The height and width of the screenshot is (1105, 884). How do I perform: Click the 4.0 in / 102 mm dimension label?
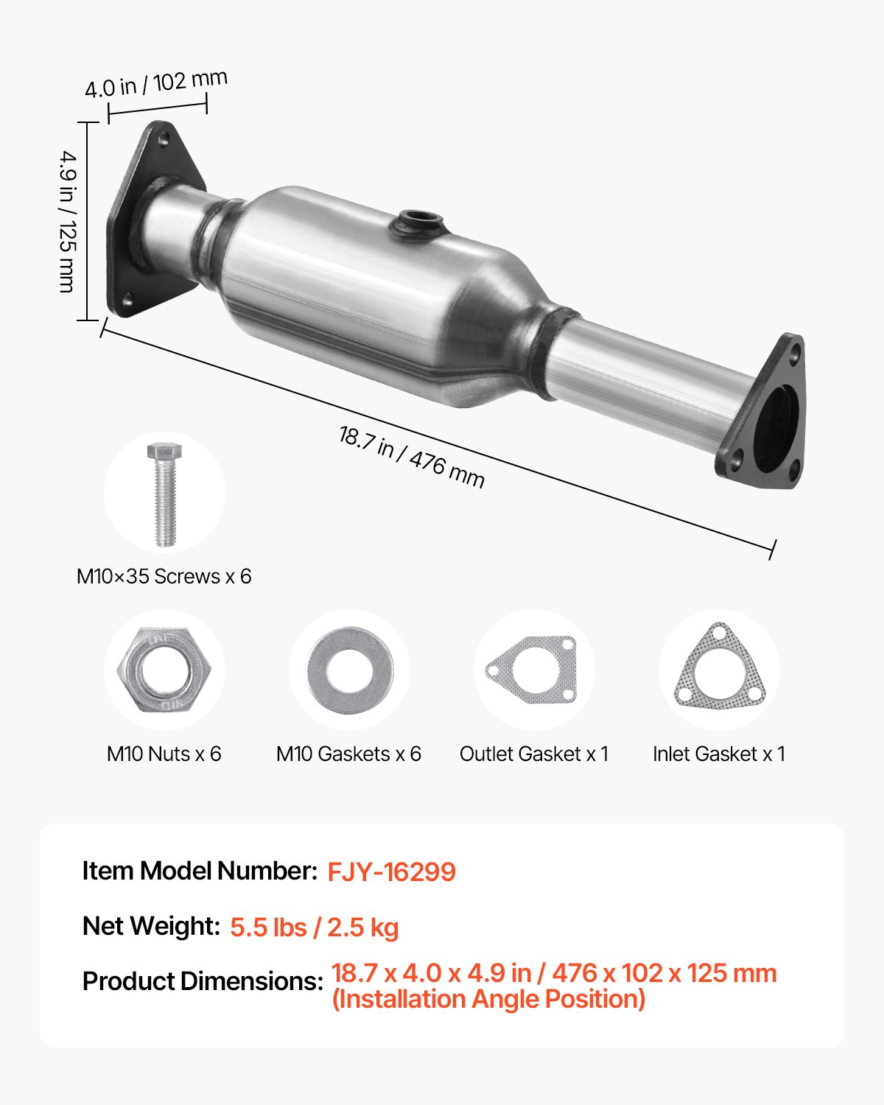point(155,83)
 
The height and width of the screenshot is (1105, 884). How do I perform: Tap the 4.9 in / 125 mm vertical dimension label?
point(68,221)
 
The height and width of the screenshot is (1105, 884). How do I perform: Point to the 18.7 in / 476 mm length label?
point(411,457)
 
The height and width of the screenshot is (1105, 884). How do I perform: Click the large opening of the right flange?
point(780,427)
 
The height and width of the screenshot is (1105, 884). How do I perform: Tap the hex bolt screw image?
point(165,494)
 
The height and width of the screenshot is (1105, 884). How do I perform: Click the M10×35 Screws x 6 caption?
point(164,576)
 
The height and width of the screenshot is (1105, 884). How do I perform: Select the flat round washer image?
point(349,670)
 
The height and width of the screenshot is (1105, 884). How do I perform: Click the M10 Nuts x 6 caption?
point(164,754)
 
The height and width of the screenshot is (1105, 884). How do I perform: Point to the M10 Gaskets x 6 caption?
point(348,754)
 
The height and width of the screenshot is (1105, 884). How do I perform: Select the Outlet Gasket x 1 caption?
point(534,754)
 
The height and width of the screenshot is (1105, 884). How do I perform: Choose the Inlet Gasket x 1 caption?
point(719,754)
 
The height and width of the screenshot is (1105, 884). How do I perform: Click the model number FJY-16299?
point(391,871)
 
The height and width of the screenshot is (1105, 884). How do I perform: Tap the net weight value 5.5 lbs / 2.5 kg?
point(314,927)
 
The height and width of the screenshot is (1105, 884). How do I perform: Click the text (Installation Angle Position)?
point(488,1000)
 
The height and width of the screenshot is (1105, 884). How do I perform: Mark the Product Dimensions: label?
point(203,981)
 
